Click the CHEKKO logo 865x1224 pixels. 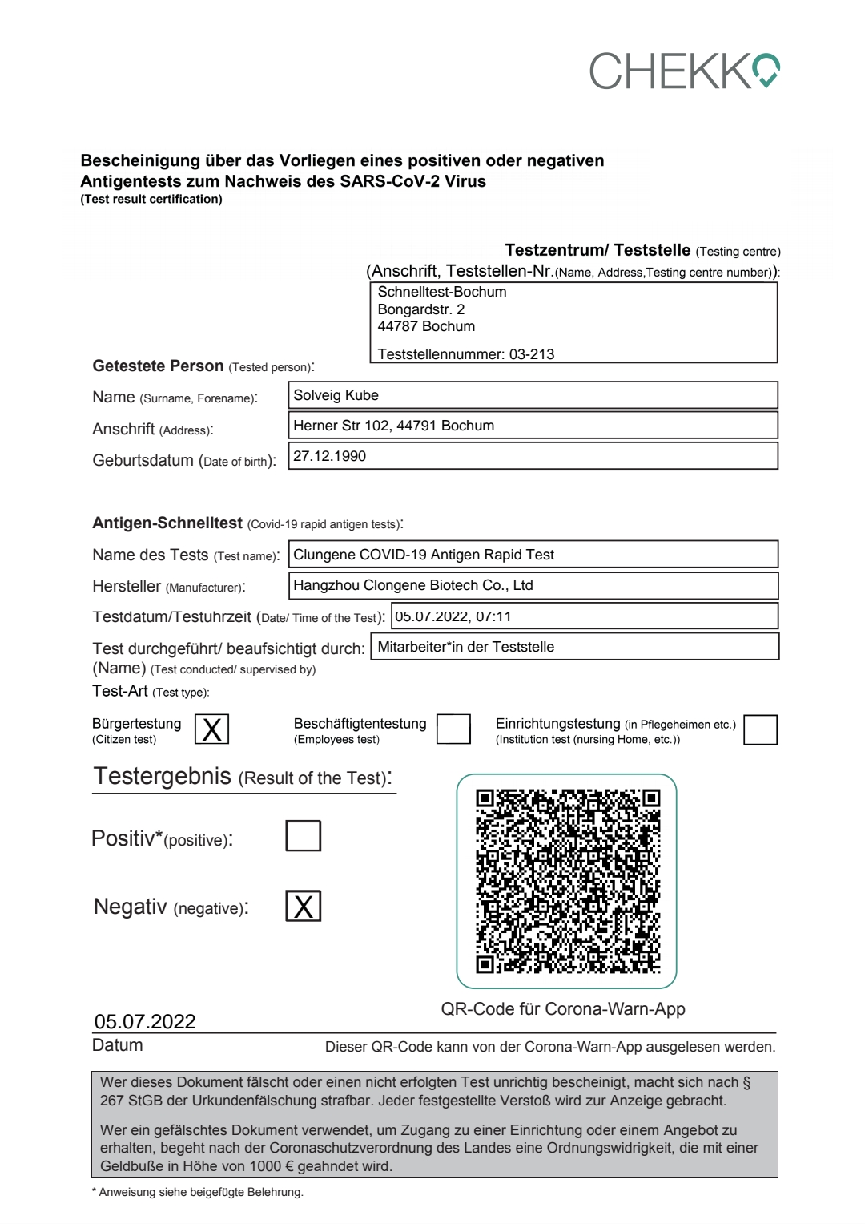tap(685, 71)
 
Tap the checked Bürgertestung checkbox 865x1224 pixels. tap(212, 729)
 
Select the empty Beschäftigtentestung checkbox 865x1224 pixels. tap(453, 729)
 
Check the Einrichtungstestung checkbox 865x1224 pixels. tap(760, 729)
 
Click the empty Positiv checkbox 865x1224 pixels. tap(304, 835)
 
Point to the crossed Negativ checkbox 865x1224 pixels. tap(304, 906)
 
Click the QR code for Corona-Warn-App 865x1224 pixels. tap(567, 881)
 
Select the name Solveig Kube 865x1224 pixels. tap(336, 395)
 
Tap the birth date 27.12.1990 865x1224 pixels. tap(330, 456)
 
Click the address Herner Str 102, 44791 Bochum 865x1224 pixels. tap(394, 426)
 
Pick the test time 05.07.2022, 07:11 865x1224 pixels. tap(453, 616)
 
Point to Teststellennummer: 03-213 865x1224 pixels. tap(466, 354)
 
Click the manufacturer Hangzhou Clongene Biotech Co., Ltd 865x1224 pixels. tap(413, 585)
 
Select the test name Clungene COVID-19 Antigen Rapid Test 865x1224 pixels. tap(424, 555)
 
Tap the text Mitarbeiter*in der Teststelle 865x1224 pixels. tap(466, 647)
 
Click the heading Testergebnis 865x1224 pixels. tap(163, 776)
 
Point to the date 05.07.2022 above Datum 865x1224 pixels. tap(145, 1021)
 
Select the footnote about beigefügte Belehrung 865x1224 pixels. tap(198, 1192)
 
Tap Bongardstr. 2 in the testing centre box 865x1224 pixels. tap(421, 309)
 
